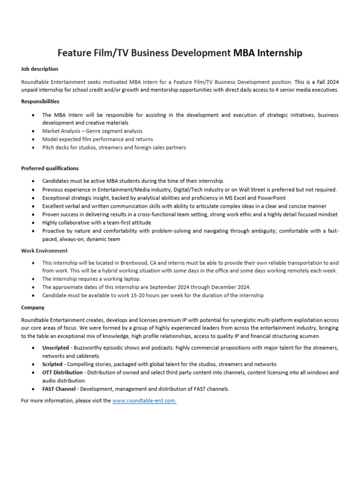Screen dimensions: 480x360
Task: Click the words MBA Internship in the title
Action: (x=268, y=53)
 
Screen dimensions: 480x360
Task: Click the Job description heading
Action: (x=40, y=69)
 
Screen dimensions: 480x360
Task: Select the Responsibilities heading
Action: (x=40, y=101)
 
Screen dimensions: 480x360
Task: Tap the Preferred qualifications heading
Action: (x=50, y=168)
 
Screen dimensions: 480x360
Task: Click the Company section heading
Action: (x=33, y=307)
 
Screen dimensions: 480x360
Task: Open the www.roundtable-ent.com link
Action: (x=144, y=401)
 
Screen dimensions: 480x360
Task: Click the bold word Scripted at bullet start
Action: (x=52, y=364)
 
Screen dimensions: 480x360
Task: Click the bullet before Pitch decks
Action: (x=32, y=148)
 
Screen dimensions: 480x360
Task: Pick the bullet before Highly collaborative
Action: (x=32, y=223)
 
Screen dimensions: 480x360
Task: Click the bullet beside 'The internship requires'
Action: (x=32, y=279)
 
